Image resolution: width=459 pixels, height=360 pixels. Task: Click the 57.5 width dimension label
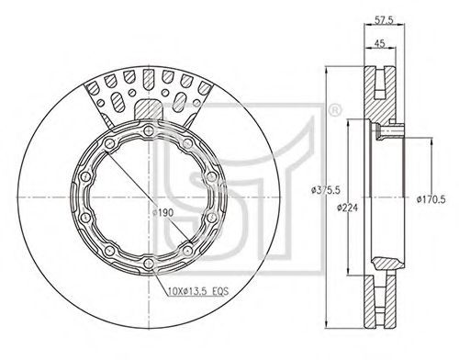pyautogui.click(x=384, y=20)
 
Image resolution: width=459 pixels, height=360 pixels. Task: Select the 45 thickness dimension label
pyautogui.click(x=379, y=43)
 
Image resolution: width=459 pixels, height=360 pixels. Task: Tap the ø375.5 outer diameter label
pyautogui.click(x=326, y=190)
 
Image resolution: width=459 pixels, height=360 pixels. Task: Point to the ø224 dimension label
pyautogui.click(x=347, y=208)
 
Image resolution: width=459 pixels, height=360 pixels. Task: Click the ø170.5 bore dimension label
pyautogui.click(x=431, y=199)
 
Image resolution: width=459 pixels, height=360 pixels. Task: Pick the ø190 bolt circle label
pyautogui.click(x=162, y=212)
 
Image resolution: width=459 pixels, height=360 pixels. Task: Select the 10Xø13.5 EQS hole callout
pyautogui.click(x=198, y=291)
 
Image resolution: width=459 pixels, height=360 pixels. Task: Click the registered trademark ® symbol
pyautogui.click(x=334, y=111)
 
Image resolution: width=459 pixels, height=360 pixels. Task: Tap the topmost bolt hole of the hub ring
pyautogui.click(x=149, y=131)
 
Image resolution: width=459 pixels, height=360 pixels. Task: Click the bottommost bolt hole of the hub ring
pyautogui.click(x=149, y=264)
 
